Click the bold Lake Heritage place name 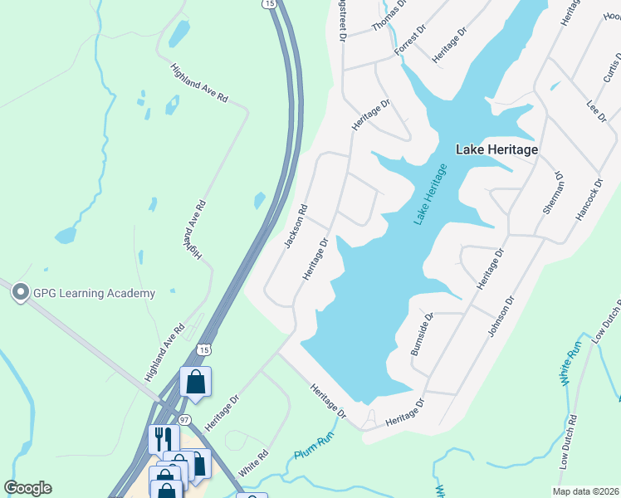[x=496, y=149]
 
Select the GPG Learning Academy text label [x=94, y=293]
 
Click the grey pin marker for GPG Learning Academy [x=19, y=290]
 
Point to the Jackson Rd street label [x=296, y=226]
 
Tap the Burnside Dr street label [x=423, y=334]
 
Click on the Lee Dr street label [x=597, y=111]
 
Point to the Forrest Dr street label [x=410, y=40]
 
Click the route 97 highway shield [x=184, y=419]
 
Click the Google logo [x=27, y=488]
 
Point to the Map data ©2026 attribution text [x=584, y=491]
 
